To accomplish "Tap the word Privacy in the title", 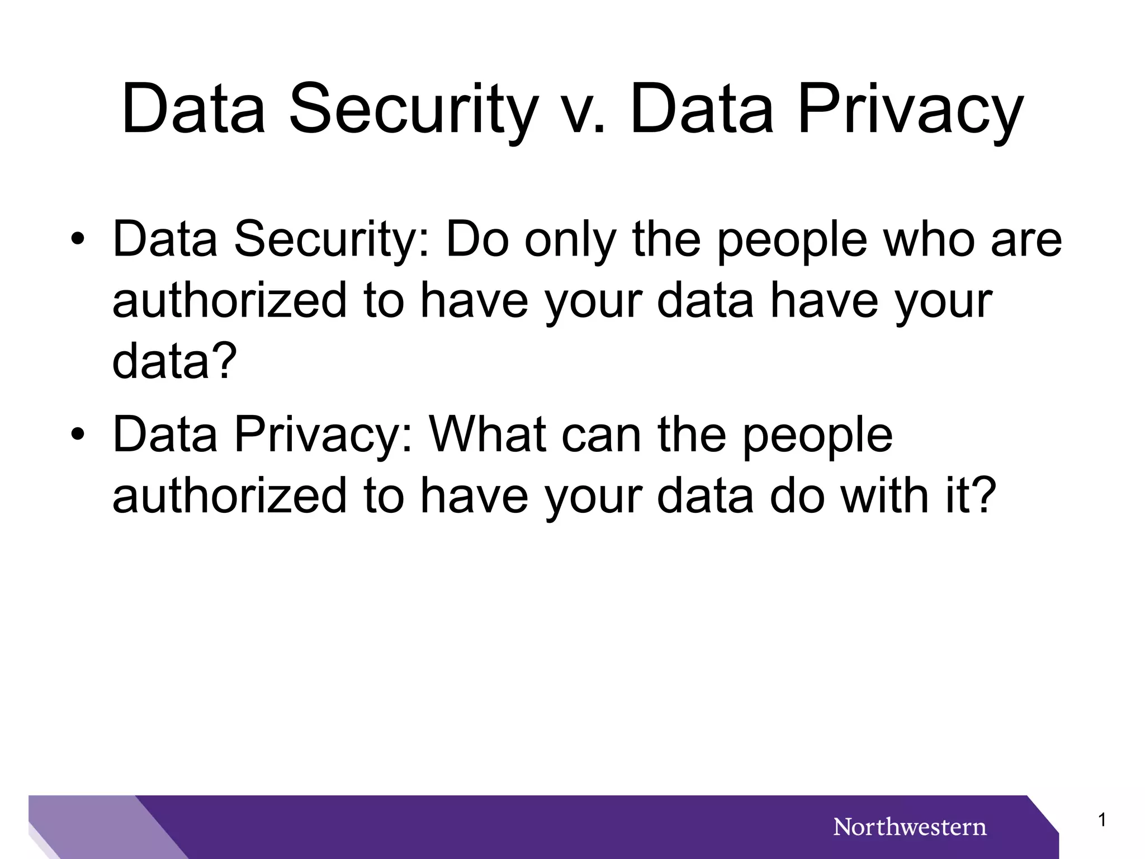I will (910, 110).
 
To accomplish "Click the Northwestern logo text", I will (910, 827).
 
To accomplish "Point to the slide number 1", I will (1102, 820).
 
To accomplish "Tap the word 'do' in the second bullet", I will (797, 495).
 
